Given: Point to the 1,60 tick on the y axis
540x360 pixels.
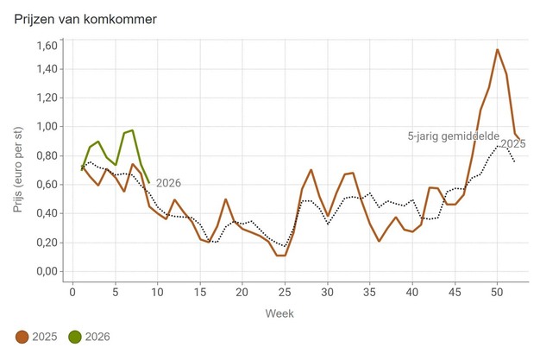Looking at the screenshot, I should point(46,46).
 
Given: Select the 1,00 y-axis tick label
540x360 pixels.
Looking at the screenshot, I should point(46,127).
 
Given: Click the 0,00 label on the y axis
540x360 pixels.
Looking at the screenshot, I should point(46,272).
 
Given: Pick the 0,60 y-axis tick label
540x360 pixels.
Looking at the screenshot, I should point(46,185).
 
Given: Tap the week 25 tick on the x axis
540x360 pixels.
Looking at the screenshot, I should point(285,291).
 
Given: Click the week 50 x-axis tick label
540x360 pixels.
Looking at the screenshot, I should point(498,291).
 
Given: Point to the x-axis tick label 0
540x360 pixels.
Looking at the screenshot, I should point(72,291).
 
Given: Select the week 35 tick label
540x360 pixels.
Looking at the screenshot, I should point(370,291).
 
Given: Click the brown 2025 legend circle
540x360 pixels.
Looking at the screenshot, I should point(22,336).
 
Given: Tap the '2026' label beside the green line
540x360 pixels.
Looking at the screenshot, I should point(169,182).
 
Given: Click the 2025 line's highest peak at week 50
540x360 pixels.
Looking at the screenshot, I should point(498,50).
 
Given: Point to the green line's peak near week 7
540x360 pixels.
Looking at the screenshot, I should point(132,130).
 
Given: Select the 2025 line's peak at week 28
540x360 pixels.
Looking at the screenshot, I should point(311,170).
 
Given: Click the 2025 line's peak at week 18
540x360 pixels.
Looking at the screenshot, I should point(225,199).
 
